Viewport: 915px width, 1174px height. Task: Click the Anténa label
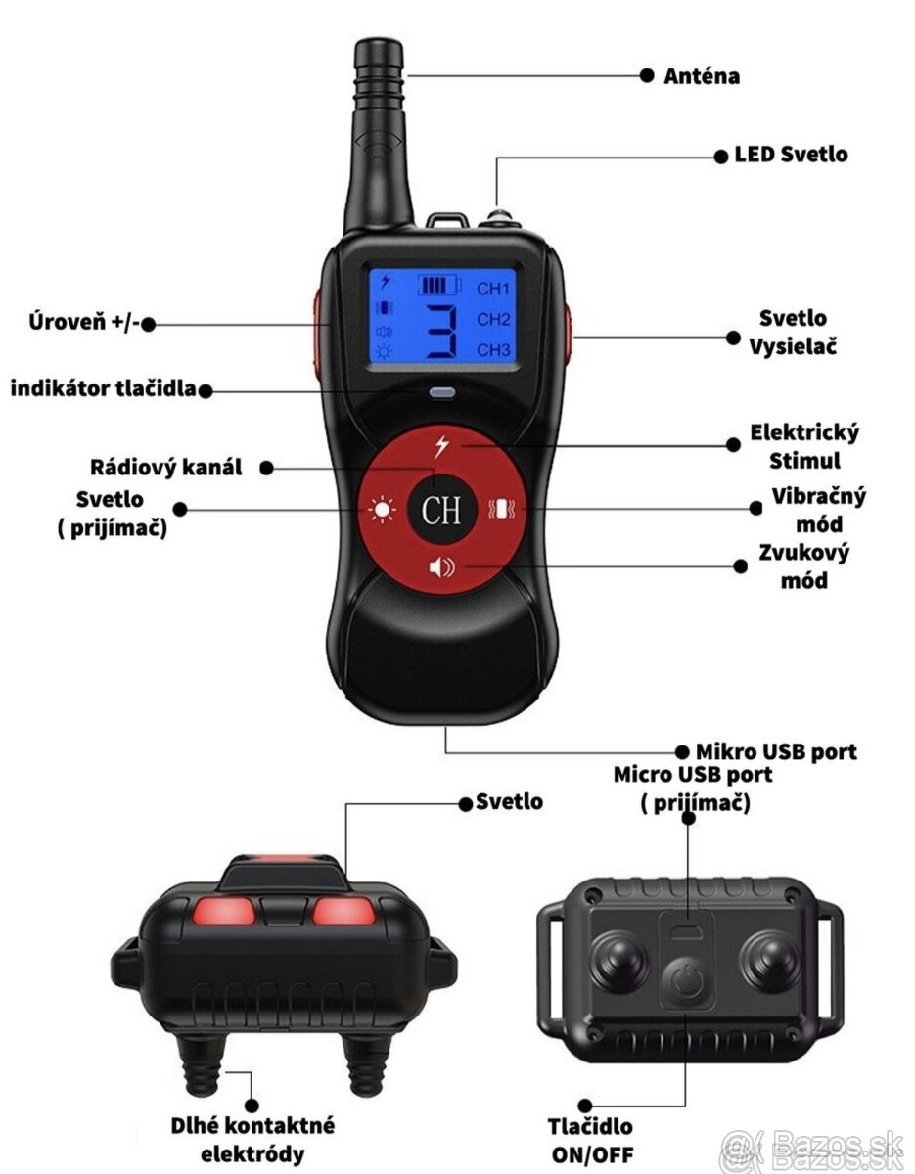pyautogui.click(x=702, y=76)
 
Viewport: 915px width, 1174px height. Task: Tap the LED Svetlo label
pyautogui.click(x=791, y=155)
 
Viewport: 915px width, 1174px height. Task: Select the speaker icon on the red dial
pyautogui.click(x=441, y=567)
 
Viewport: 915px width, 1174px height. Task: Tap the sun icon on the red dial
pyautogui.click(x=380, y=510)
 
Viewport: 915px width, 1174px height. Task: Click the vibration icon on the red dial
pyautogui.click(x=500, y=510)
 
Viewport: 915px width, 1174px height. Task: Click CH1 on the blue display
pyautogui.click(x=494, y=290)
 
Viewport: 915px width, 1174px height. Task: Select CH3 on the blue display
pyautogui.click(x=494, y=350)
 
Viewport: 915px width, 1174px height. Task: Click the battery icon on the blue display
pyautogui.click(x=438, y=286)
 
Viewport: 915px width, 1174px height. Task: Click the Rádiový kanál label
pyautogui.click(x=165, y=467)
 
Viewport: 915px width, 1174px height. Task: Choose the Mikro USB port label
pyautogui.click(x=776, y=751)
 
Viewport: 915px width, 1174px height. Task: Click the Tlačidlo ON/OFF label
pyautogui.click(x=589, y=1140)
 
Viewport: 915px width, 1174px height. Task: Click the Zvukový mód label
pyautogui.click(x=804, y=565)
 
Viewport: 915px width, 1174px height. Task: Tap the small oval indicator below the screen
pyautogui.click(x=442, y=394)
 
